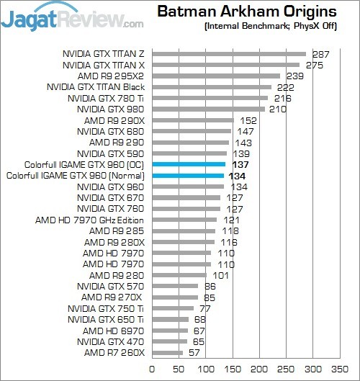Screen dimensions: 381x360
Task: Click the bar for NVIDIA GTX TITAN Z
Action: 228,54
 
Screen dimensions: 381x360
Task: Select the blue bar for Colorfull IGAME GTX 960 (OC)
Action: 189,164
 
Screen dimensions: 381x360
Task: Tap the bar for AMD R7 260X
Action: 166,353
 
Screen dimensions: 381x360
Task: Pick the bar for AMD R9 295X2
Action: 215,76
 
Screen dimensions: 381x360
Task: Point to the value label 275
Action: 315,65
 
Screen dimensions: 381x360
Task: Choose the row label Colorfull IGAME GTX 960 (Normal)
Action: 76,175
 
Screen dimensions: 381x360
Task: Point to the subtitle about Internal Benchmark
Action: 269,29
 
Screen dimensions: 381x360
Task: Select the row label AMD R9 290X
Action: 114,120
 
